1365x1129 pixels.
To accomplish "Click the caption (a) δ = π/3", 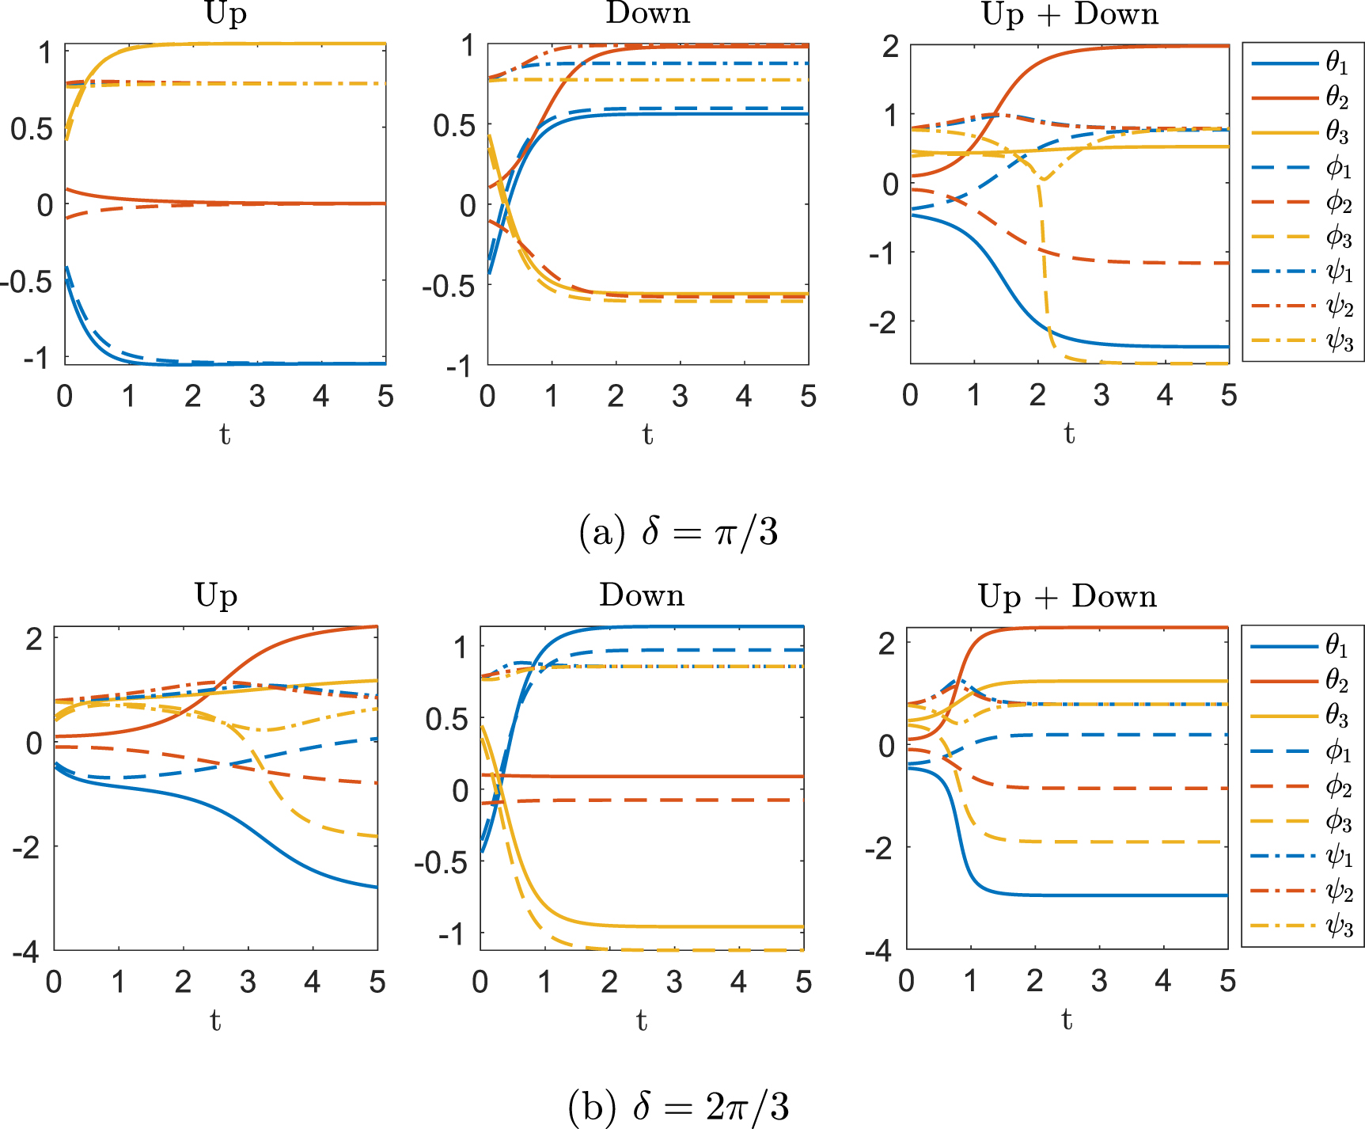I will (x=678, y=532).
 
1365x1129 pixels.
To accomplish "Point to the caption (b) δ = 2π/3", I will (x=678, y=1106).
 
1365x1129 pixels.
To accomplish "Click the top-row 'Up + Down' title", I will (x=1070, y=14).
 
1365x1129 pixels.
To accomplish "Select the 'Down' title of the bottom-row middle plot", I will (x=642, y=595).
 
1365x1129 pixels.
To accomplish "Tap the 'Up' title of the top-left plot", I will (x=226, y=14).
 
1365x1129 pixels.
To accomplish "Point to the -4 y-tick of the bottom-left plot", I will (x=26, y=952).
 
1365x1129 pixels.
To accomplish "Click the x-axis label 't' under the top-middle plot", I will (x=647, y=434).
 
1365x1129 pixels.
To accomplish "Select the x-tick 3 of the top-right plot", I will (x=1101, y=395).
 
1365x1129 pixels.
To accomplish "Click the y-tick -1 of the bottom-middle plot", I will (x=453, y=934).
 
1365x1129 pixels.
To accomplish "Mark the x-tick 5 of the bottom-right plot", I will (x=1227, y=981).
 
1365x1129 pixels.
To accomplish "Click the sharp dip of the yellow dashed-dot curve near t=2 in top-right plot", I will (x=1044, y=179).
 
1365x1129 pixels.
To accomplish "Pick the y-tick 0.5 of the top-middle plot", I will (x=454, y=125).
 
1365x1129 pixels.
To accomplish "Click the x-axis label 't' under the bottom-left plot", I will (x=215, y=1021).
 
